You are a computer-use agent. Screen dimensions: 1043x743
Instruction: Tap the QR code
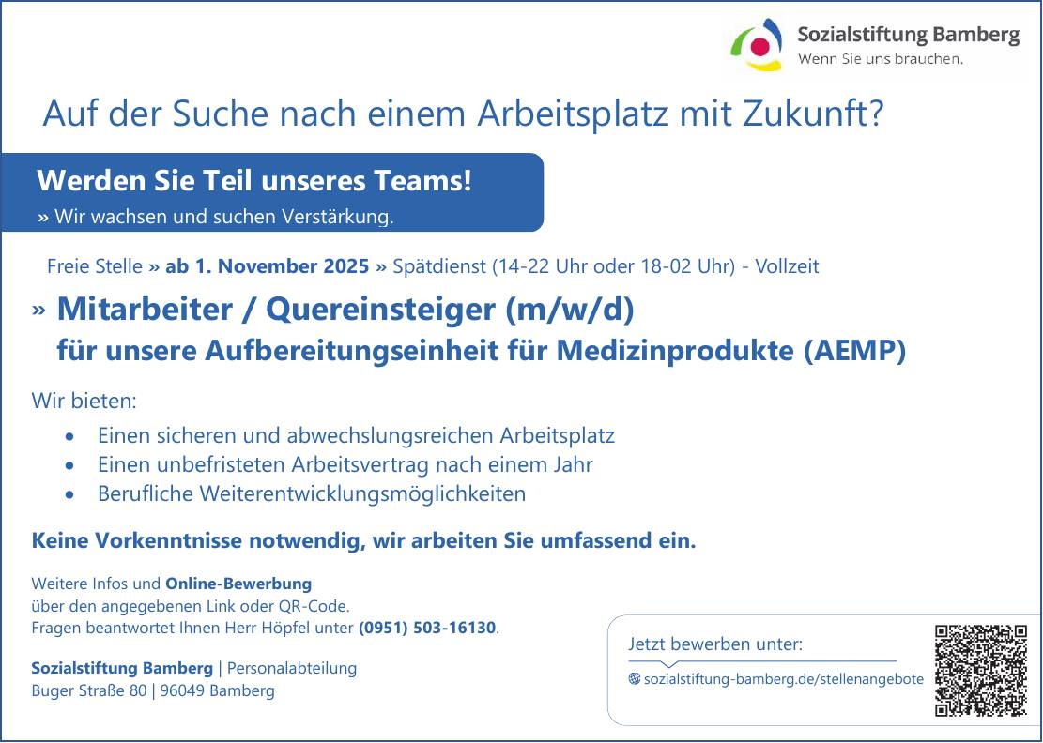coord(981,670)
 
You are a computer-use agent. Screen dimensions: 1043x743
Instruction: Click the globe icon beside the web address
coord(635,678)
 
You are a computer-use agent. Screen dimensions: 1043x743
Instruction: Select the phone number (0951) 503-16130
coord(427,628)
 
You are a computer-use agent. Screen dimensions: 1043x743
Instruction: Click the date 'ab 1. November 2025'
coord(267,266)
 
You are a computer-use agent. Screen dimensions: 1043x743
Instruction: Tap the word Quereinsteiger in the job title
coord(380,310)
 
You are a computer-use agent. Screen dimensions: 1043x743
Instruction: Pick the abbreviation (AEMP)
coord(854,351)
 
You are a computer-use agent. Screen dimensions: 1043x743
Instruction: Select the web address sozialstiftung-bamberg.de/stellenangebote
coord(784,679)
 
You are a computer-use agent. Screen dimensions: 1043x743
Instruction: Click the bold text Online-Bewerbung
coord(238,584)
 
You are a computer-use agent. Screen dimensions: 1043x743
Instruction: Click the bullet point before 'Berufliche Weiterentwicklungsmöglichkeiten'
coord(70,494)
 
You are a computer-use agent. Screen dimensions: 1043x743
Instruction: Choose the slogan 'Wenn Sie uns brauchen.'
coord(880,58)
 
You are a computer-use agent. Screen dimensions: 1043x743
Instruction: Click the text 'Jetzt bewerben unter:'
coord(715,644)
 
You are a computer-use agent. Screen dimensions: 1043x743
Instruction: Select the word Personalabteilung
coord(292,668)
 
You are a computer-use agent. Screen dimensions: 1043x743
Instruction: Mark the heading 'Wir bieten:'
coord(84,401)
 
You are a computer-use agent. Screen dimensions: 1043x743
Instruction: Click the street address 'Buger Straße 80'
coord(89,691)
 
